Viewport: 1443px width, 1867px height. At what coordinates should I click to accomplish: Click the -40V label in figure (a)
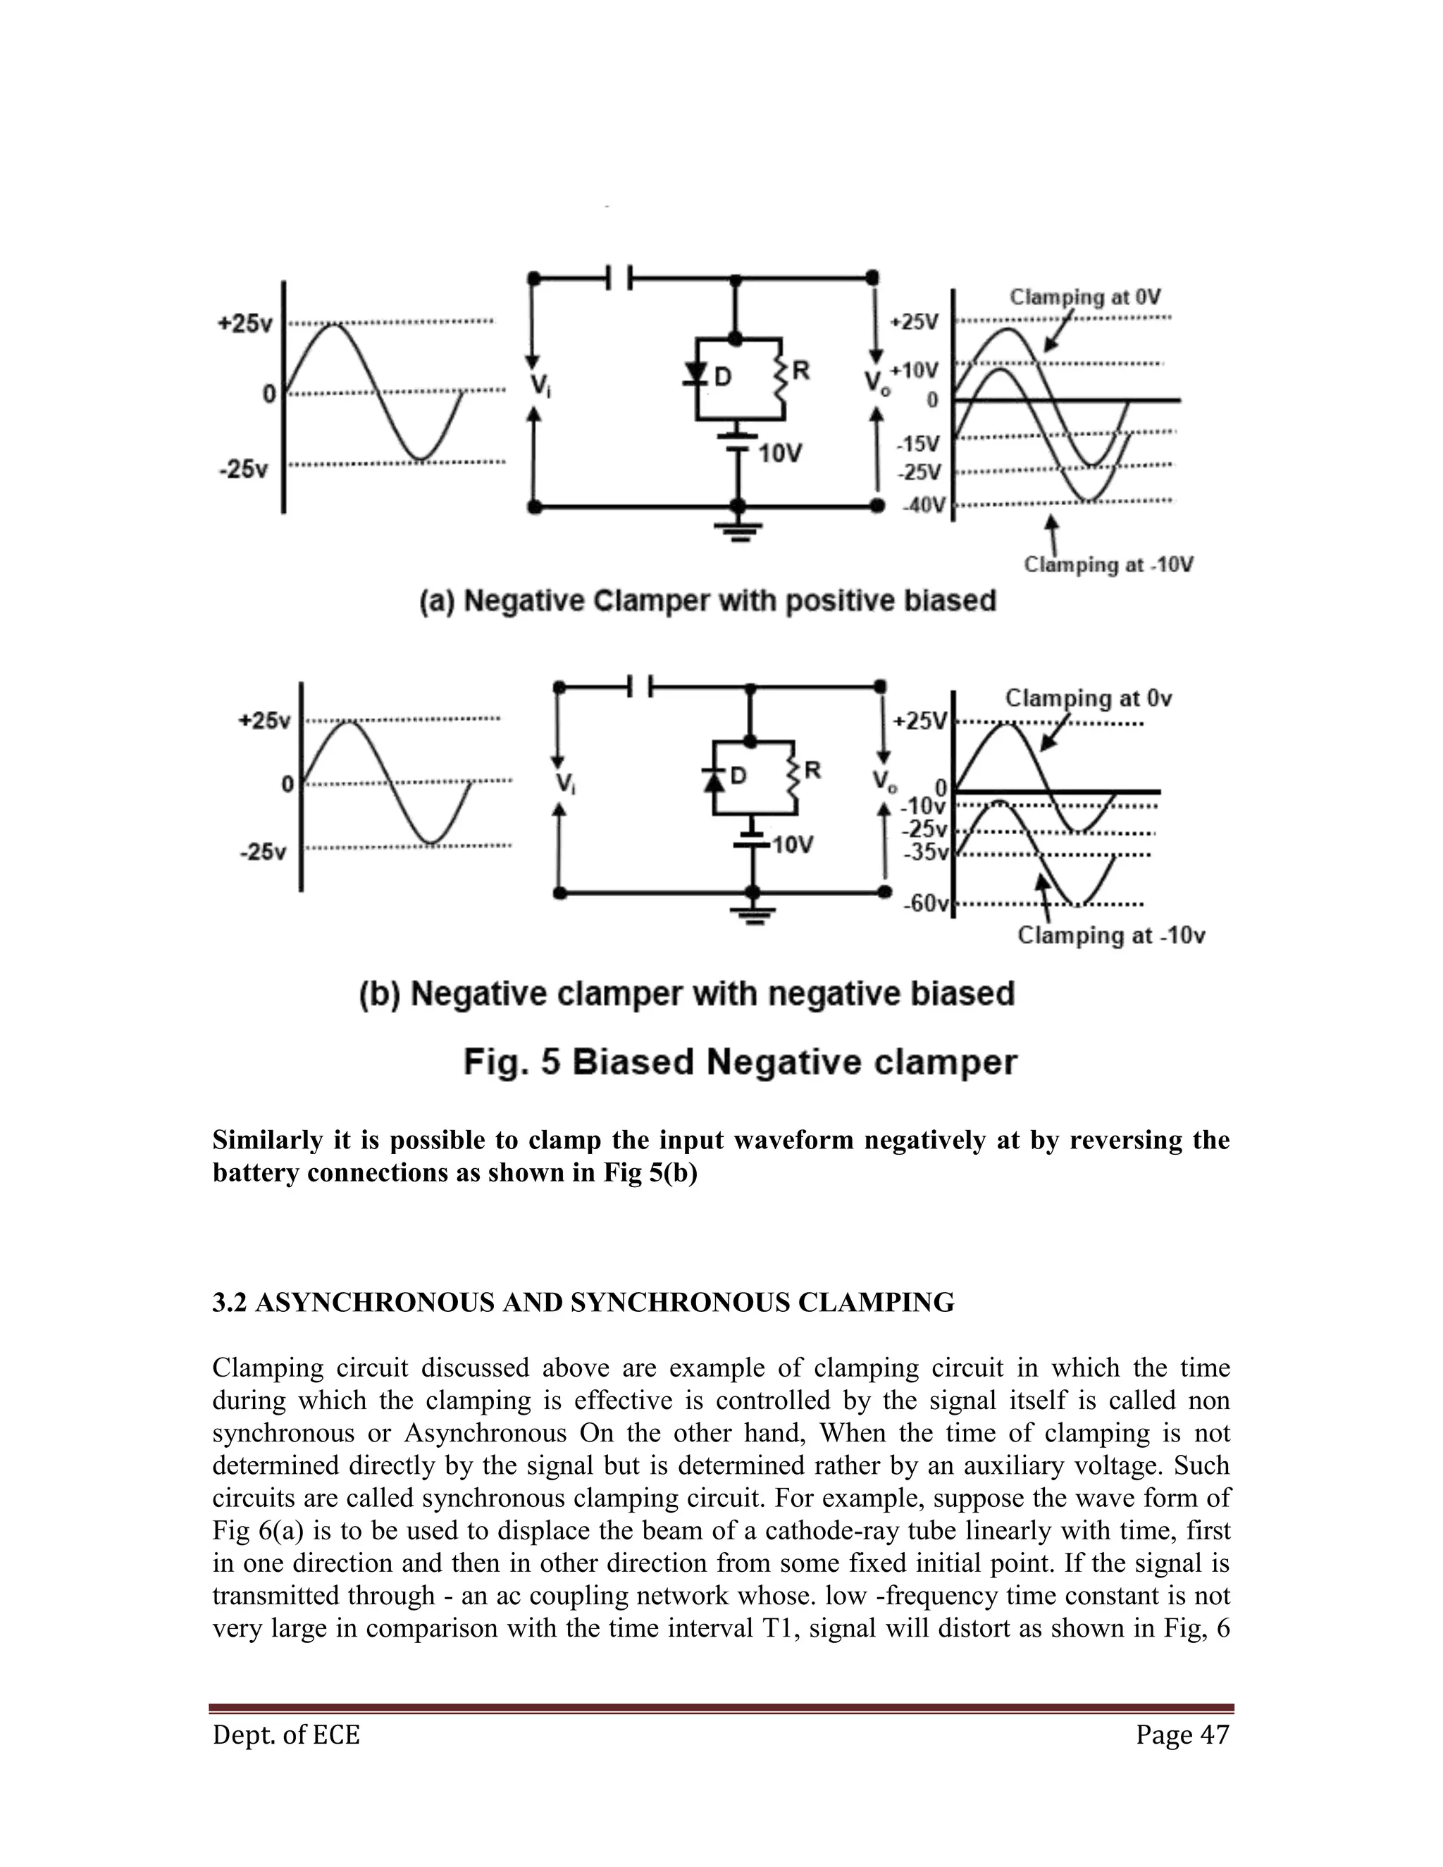coord(924,505)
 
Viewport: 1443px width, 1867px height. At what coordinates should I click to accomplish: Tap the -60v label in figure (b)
coord(926,904)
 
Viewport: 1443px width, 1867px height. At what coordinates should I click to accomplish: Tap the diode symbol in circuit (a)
coord(698,374)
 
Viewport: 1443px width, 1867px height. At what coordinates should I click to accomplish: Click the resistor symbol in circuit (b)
coord(795,786)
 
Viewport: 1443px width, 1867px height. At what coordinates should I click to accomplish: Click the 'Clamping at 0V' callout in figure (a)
coord(1085,297)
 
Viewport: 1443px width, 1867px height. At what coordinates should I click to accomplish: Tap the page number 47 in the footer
coord(1215,1735)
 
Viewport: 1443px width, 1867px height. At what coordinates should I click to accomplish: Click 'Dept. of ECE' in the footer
coord(286,1735)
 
